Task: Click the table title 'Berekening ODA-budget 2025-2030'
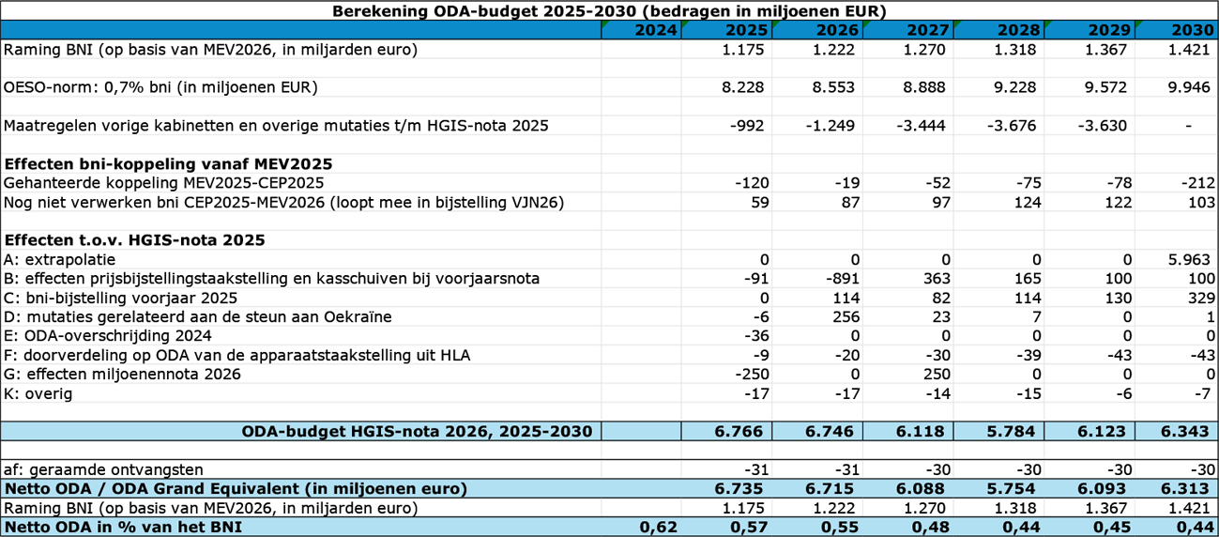(610, 10)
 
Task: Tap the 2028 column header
(1017, 30)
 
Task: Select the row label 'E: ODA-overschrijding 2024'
(108, 336)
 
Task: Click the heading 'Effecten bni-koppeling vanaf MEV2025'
(168, 163)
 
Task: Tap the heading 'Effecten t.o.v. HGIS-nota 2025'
(134, 240)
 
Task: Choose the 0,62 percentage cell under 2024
(657, 527)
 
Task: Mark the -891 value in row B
(835, 279)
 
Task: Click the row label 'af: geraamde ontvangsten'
(104, 469)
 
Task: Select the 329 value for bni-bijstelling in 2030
(1196, 298)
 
